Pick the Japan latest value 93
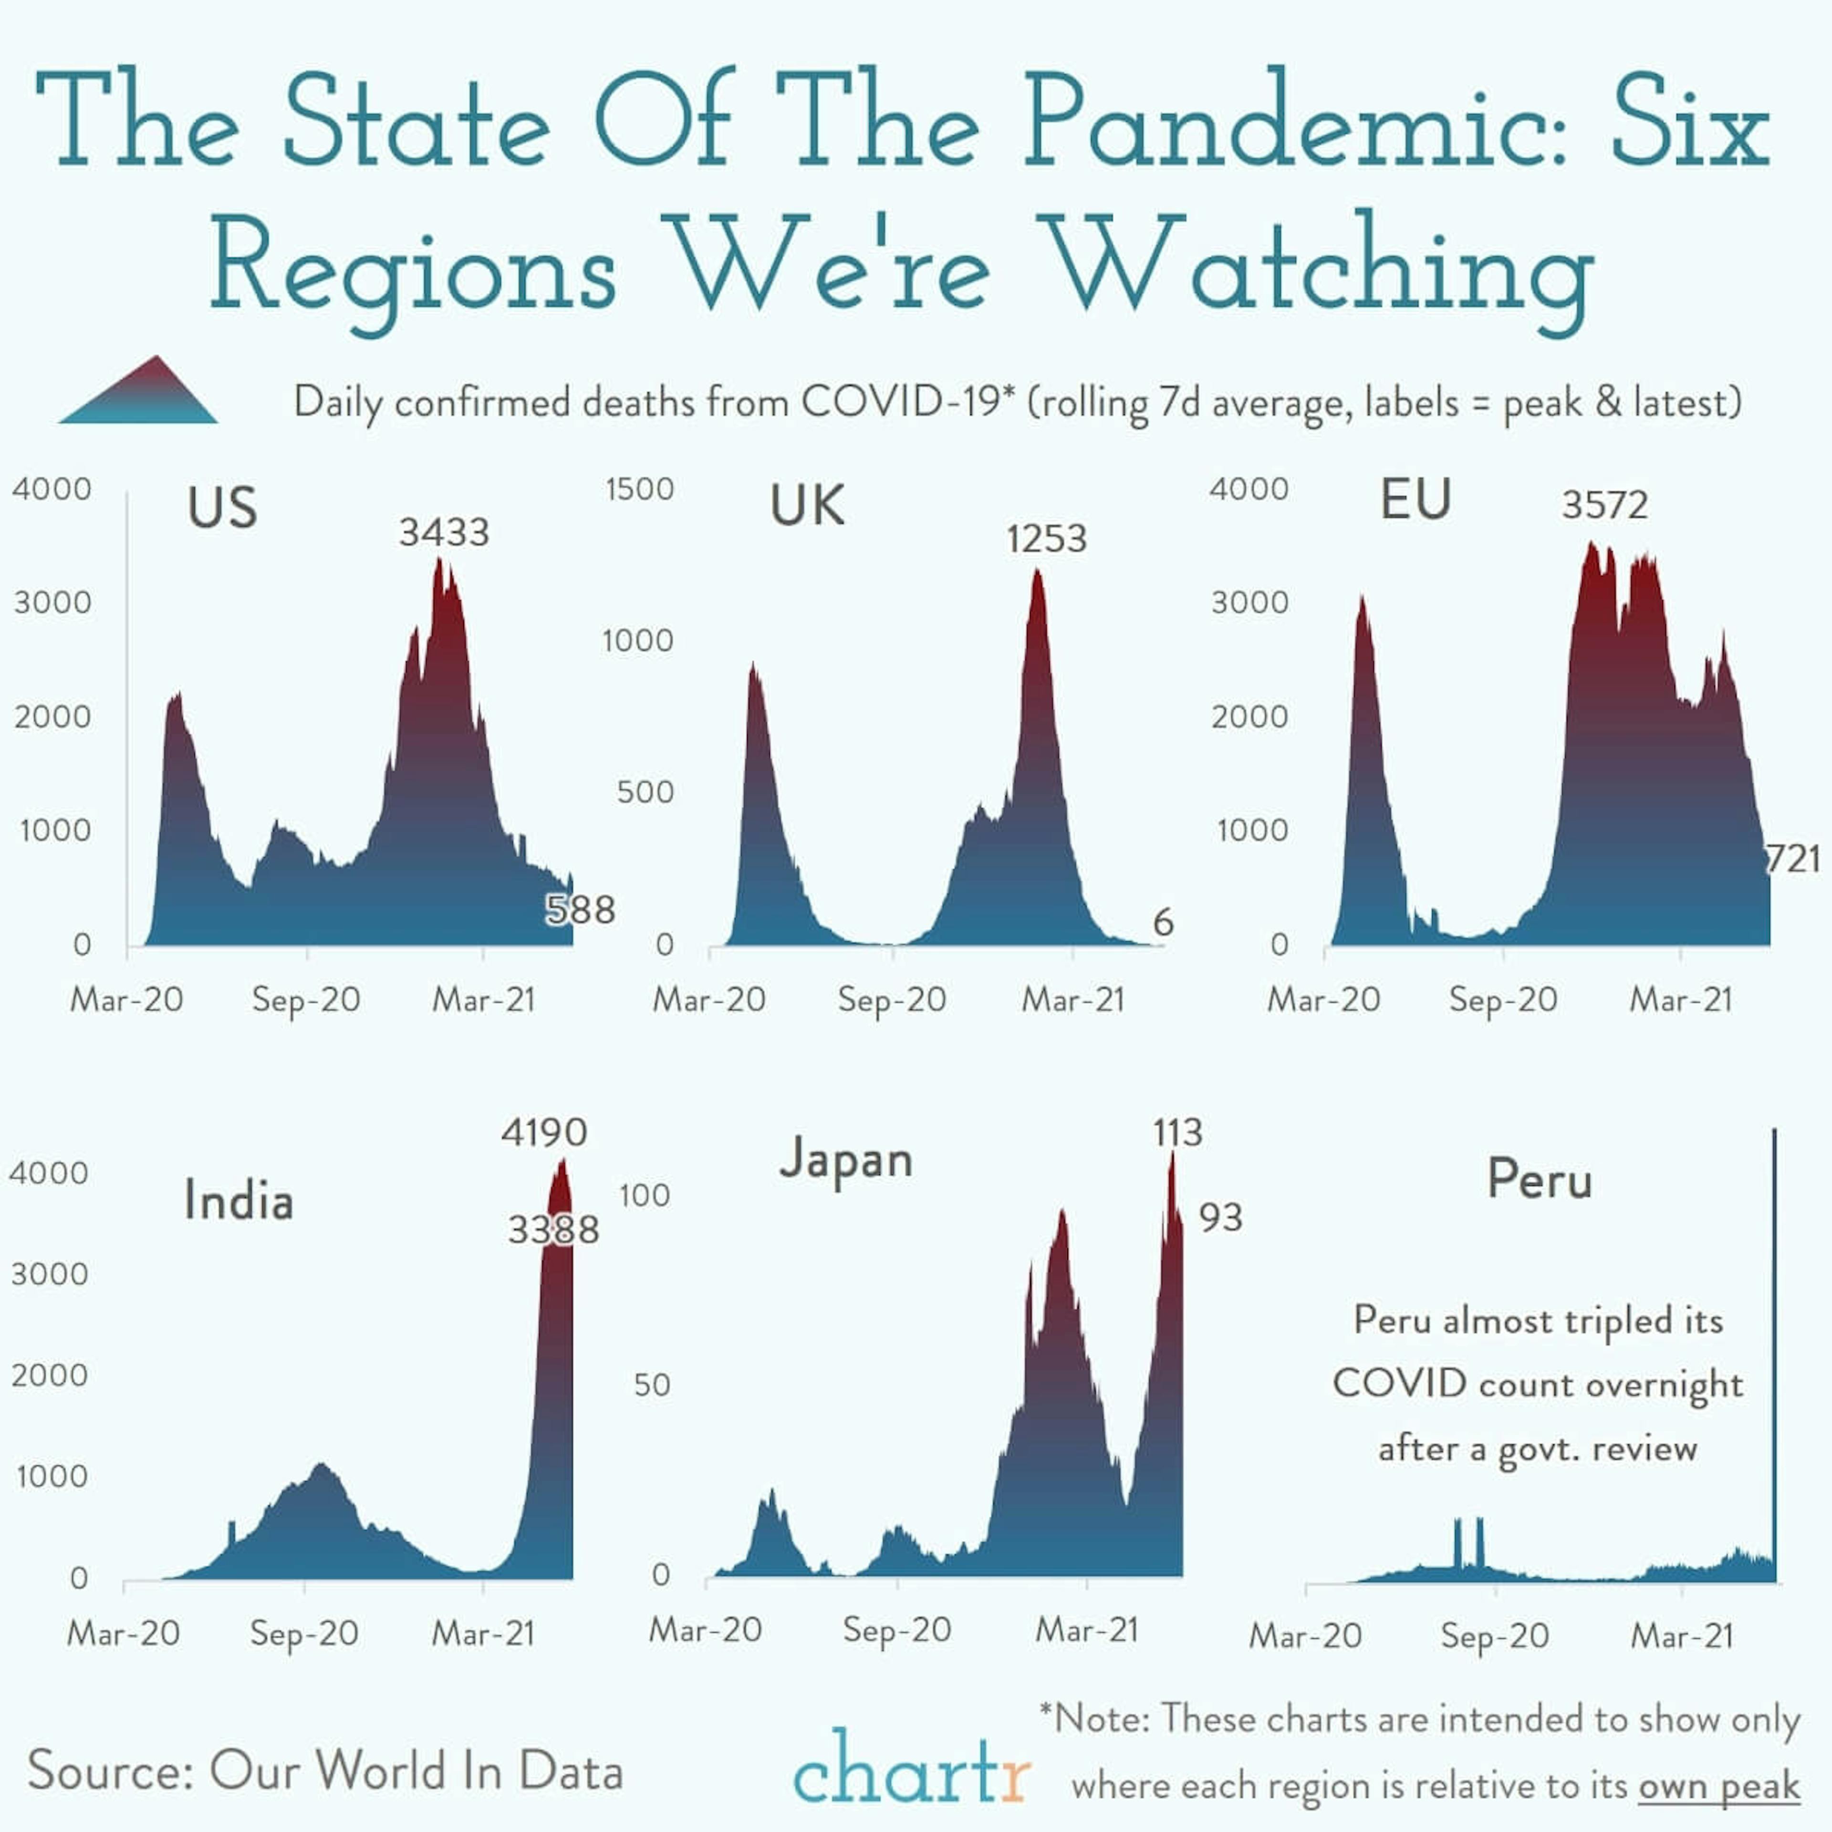(x=1220, y=1218)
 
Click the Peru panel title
(x=1539, y=1180)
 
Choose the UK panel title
(x=807, y=505)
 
